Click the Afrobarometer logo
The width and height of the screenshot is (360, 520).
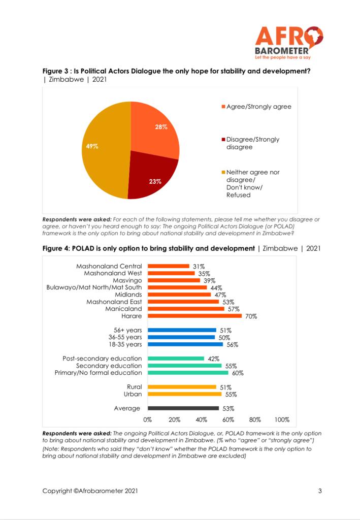tap(289, 43)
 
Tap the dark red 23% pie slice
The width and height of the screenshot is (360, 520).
tap(151, 177)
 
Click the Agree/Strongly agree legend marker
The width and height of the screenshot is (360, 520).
tap(223, 107)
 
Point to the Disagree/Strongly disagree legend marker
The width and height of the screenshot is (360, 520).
tap(223, 139)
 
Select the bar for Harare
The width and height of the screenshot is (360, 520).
tap(194, 316)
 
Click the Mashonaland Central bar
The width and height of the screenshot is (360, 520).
tap(169, 266)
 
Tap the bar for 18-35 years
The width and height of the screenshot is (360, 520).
tap(185, 344)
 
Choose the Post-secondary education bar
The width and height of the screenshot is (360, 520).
tap(176, 359)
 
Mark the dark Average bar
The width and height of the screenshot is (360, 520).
tap(183, 408)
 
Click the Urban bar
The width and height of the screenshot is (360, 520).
tap(185, 394)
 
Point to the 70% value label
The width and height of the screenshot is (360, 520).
tap(251, 316)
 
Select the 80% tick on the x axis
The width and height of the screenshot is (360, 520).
tap(255, 420)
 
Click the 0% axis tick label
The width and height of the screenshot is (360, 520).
tap(148, 420)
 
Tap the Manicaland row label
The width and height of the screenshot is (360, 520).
tap(123, 309)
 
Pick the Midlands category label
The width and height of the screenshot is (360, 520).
tap(128, 295)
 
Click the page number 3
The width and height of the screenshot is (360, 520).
tap(320, 491)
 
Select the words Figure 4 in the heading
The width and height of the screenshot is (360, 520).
tap(56, 248)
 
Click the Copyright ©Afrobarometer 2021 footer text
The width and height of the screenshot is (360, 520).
tap(90, 491)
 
